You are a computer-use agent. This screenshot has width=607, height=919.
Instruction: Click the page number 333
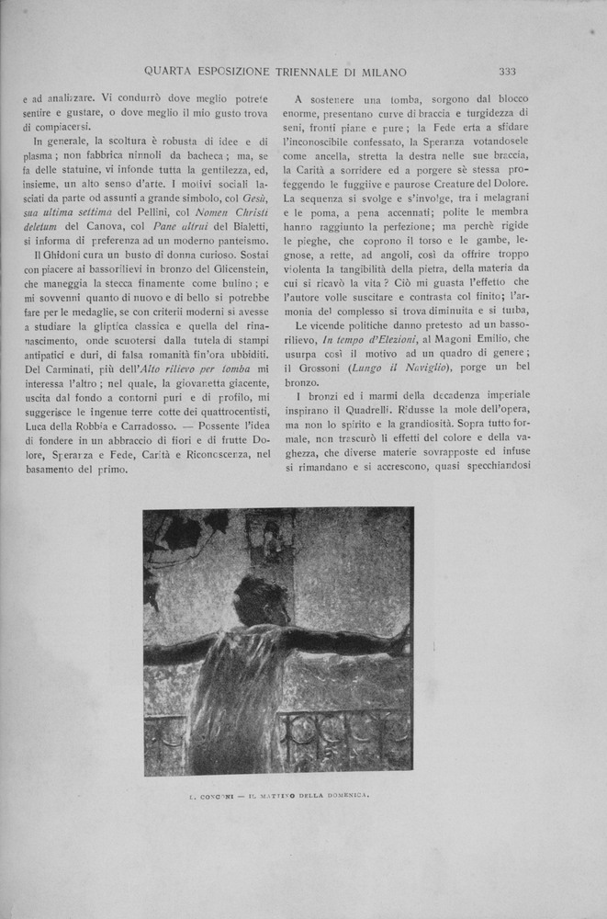click(x=507, y=71)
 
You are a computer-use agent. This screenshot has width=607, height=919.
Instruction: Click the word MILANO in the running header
click(x=379, y=71)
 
